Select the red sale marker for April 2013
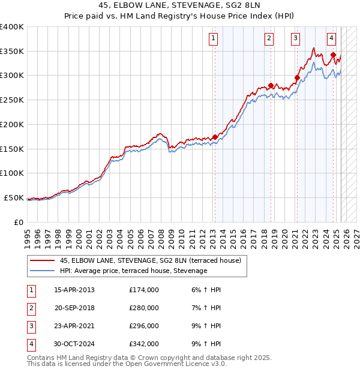[215, 137]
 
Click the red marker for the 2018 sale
[271, 85]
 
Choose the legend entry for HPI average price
[133, 271]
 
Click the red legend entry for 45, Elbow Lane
[150, 260]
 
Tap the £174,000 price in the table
[144, 290]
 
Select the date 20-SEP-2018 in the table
[74, 308]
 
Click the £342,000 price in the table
[144, 344]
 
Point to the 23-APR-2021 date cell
[74, 326]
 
